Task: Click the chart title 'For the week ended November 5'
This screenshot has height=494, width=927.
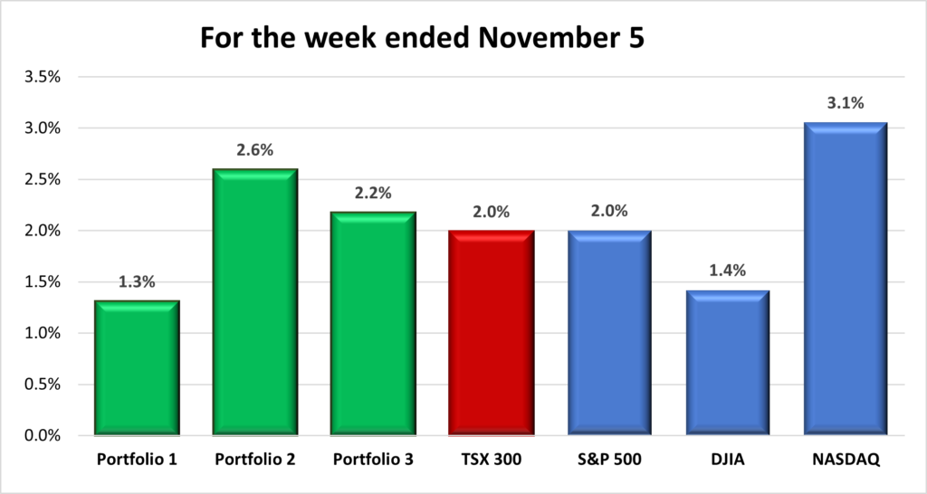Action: pyautogui.click(x=421, y=40)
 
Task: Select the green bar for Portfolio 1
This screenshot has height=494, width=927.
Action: pyautogui.click(x=137, y=368)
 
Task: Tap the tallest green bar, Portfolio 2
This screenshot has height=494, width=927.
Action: pyautogui.click(x=254, y=302)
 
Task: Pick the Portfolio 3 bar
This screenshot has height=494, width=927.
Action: pyautogui.click(x=373, y=324)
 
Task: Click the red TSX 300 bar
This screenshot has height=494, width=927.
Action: pyautogui.click(x=492, y=333)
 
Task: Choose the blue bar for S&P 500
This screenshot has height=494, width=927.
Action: pyautogui.click(x=609, y=333)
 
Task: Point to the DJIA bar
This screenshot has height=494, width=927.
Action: pyautogui.click(x=728, y=363)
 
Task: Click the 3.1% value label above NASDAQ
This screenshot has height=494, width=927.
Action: pyautogui.click(x=846, y=104)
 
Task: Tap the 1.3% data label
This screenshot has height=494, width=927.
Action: pyautogui.click(x=137, y=281)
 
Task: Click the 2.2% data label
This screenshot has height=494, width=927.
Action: pyautogui.click(x=373, y=193)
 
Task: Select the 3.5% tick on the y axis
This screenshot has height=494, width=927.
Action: pyautogui.click(x=41, y=77)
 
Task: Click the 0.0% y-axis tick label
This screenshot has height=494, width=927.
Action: pyautogui.click(x=41, y=436)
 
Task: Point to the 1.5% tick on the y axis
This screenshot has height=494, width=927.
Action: pyautogui.click(x=41, y=282)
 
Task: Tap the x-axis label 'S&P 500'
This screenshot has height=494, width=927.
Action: pyautogui.click(x=609, y=461)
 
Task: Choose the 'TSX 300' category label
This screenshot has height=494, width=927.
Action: pyautogui.click(x=492, y=461)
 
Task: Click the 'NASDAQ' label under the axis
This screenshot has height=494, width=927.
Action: pyautogui.click(x=846, y=461)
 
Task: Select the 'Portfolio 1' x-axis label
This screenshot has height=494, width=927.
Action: pyautogui.click(x=137, y=461)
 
